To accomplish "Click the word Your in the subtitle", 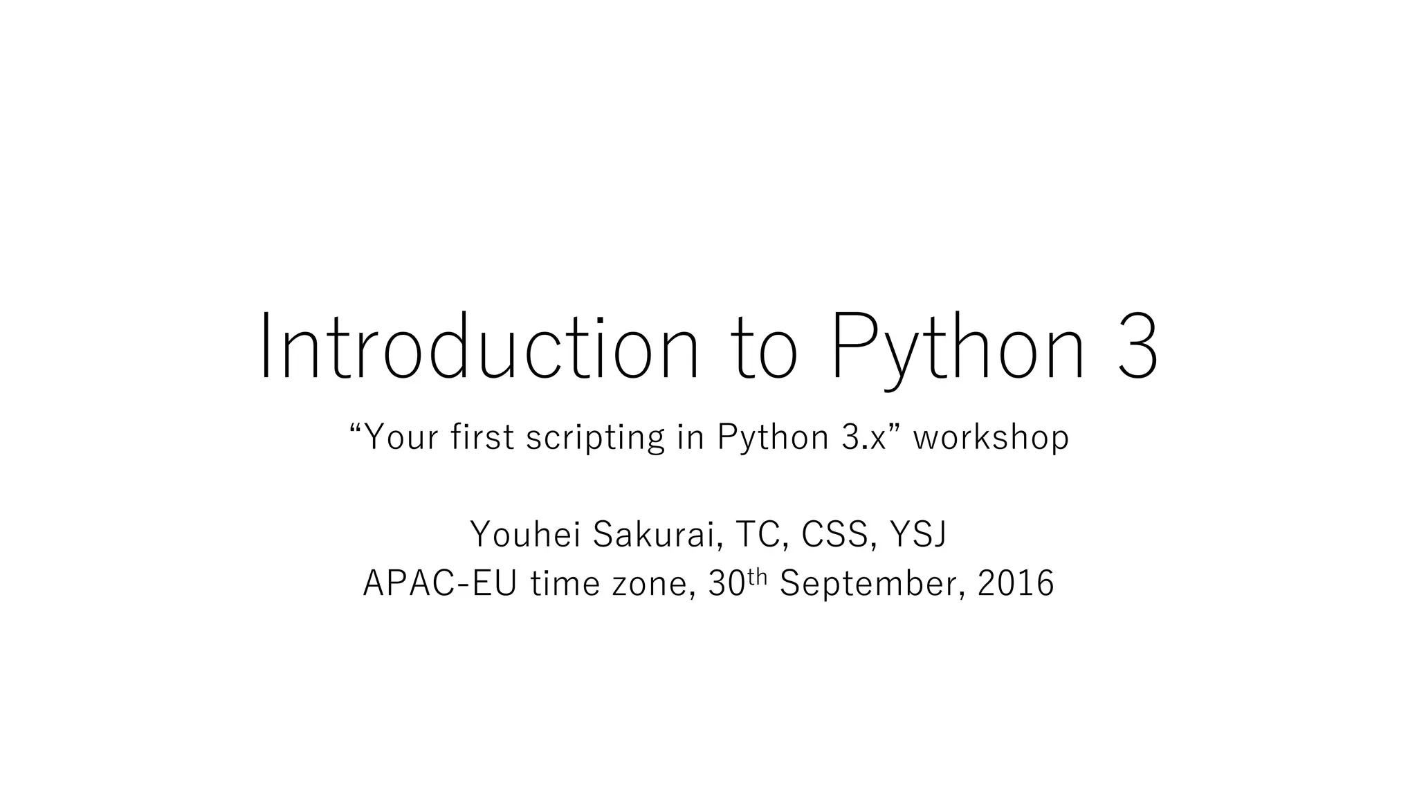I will (x=400, y=437).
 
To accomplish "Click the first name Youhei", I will (x=525, y=534).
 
